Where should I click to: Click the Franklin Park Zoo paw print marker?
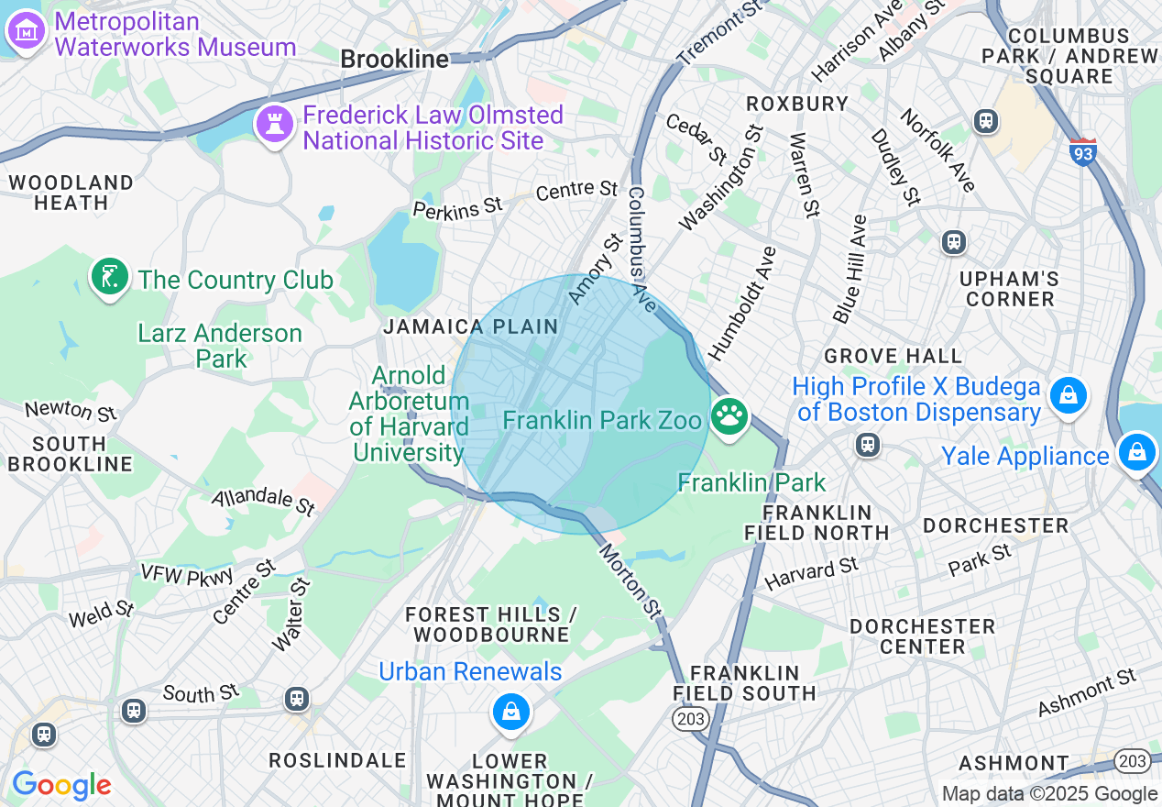tap(729, 417)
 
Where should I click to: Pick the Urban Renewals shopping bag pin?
tap(510, 713)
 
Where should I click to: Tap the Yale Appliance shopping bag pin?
tap(1136, 453)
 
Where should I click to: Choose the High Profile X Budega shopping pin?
tap(1069, 396)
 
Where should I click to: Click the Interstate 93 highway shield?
tap(1082, 152)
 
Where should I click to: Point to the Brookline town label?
tap(395, 60)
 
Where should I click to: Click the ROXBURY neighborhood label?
tap(797, 104)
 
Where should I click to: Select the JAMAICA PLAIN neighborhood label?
tap(471, 326)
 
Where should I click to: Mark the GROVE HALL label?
tap(893, 356)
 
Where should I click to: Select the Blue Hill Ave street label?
tap(850, 269)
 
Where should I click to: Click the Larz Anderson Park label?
tap(220, 345)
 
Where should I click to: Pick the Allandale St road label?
tap(264, 502)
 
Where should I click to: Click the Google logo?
tap(61, 785)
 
